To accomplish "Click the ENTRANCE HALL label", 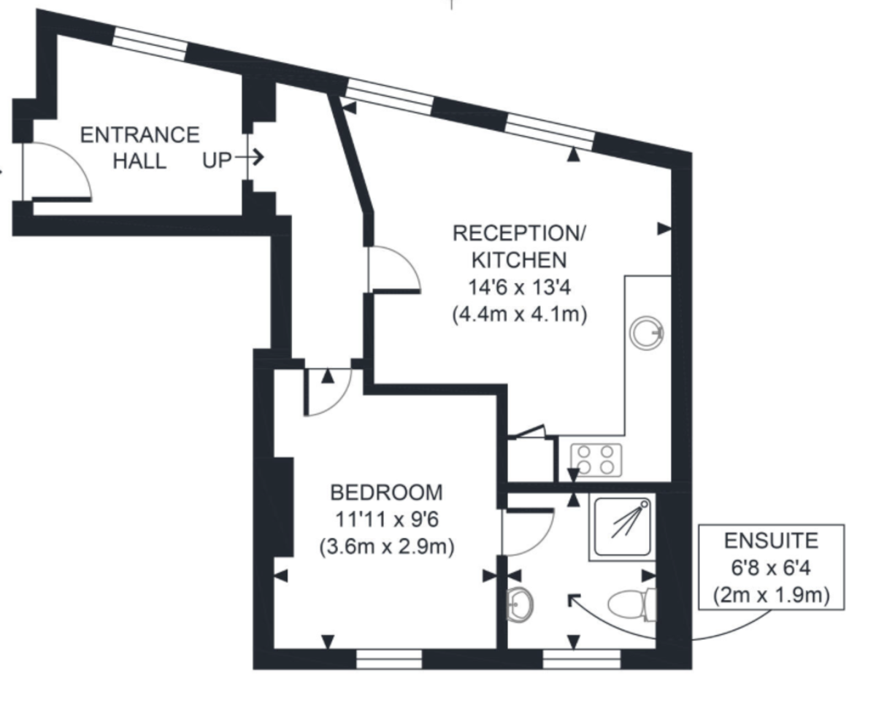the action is pos(139,147).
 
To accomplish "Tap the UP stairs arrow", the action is pos(249,157).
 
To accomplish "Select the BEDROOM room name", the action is pos(386,493).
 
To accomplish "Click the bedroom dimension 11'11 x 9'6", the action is pos(387,519).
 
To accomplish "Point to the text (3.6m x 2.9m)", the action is pos(387,547).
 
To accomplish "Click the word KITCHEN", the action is pos(519,260).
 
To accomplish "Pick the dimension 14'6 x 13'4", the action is pos(520,287).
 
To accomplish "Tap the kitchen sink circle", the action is pos(647,333).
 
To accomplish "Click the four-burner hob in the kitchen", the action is pos(596,460).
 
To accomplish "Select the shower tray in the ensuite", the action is pos(622,527).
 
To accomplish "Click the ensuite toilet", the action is pos(631,605).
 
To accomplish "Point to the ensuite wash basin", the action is pos(520,605).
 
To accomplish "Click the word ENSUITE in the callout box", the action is pos(771,541).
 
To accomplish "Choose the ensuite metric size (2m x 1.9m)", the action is pos(771,596).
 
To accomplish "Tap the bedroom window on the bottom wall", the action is pos(388,660).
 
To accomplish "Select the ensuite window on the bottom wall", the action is pos(581,660).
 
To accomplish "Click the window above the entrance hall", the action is pos(150,43).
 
